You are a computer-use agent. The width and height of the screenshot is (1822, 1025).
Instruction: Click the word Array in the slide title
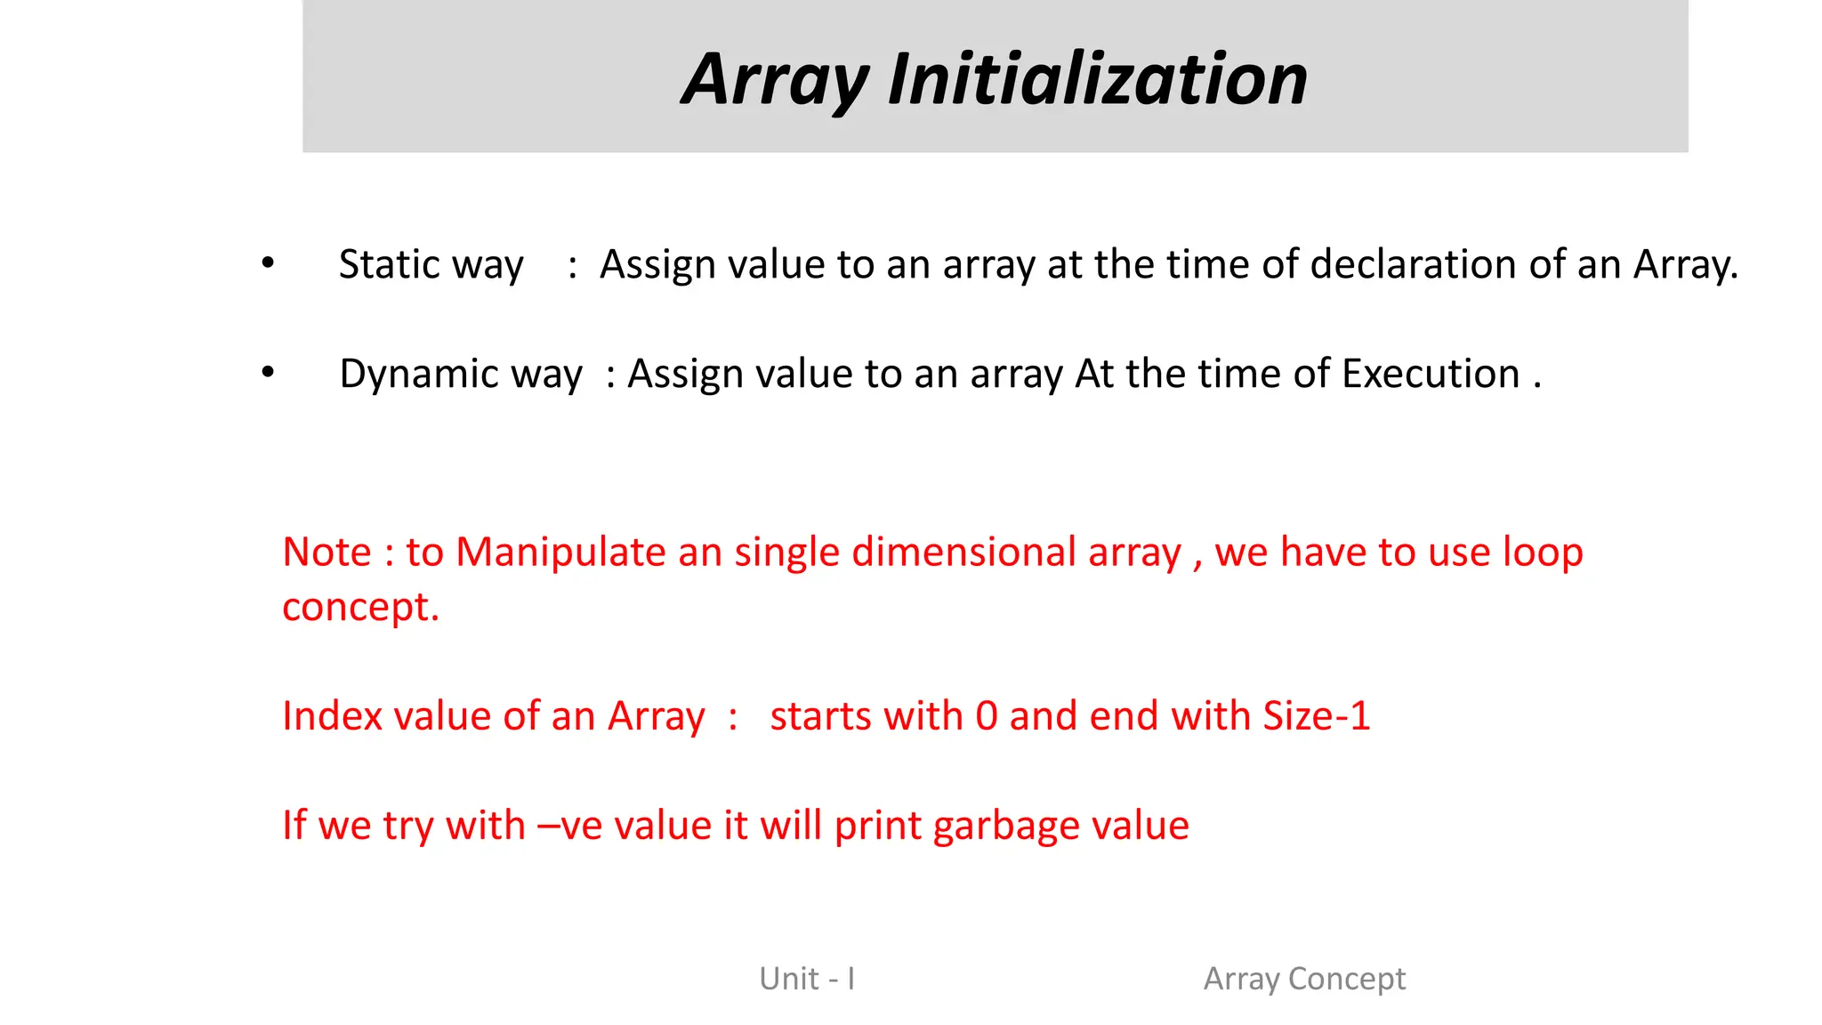774,80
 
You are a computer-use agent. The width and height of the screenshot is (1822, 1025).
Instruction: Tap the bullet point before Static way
268,262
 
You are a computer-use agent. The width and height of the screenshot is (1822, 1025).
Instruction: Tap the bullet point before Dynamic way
268,372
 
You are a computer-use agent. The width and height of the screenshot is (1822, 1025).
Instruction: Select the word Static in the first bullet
389,264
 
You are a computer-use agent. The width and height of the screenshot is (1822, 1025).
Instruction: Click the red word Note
326,552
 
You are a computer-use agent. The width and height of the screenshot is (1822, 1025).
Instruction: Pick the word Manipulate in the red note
560,552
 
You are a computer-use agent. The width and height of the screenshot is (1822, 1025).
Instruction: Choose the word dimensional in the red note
963,552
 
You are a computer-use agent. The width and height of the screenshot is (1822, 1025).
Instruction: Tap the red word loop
1543,552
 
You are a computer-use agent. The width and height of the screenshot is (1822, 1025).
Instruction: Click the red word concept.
359,608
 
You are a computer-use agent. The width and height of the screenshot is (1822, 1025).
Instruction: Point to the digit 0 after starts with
987,716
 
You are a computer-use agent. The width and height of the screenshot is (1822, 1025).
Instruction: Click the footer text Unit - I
807,979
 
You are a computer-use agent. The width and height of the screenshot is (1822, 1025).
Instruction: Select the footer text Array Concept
1304,979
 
